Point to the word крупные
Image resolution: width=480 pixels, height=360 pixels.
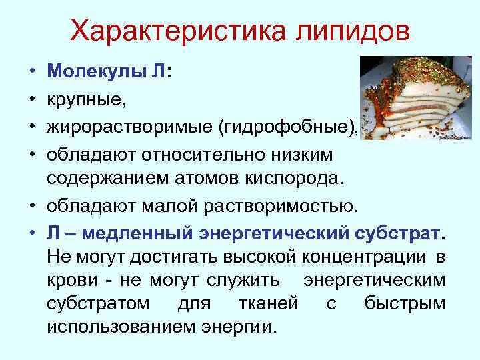(x=85, y=100)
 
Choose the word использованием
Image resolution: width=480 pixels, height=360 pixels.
(x=117, y=327)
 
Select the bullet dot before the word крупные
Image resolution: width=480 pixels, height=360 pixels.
(x=32, y=101)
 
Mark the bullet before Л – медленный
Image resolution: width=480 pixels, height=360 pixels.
(x=32, y=235)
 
